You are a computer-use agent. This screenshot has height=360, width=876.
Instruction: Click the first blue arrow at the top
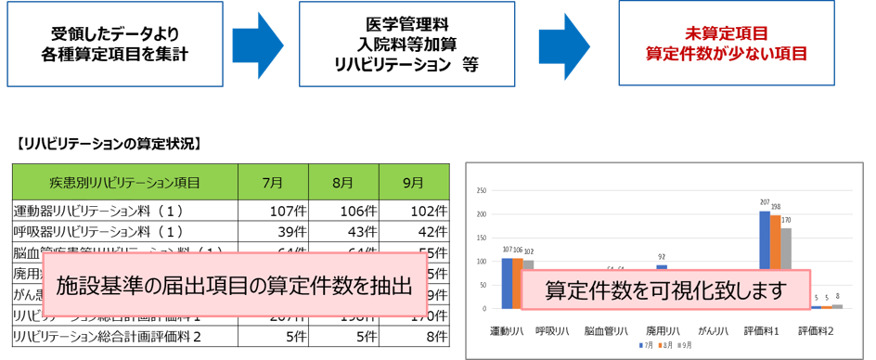coord(257,44)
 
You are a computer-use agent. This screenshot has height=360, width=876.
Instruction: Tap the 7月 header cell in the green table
coord(273,183)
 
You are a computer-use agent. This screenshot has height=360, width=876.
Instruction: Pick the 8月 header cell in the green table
coord(343,183)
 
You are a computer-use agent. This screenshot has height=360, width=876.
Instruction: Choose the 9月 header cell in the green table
coord(413,183)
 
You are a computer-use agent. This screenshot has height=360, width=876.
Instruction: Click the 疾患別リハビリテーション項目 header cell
coord(125,183)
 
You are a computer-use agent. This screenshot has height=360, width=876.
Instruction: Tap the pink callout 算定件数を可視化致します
coord(665,290)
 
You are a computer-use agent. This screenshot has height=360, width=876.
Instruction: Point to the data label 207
coord(765,202)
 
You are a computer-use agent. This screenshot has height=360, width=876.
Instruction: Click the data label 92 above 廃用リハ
coord(663,257)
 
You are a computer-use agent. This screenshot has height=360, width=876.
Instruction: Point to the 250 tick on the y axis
coord(481,191)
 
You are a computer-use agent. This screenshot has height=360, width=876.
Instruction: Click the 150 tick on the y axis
coord(481,238)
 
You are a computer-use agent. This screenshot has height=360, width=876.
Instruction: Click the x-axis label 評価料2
coord(816,329)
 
